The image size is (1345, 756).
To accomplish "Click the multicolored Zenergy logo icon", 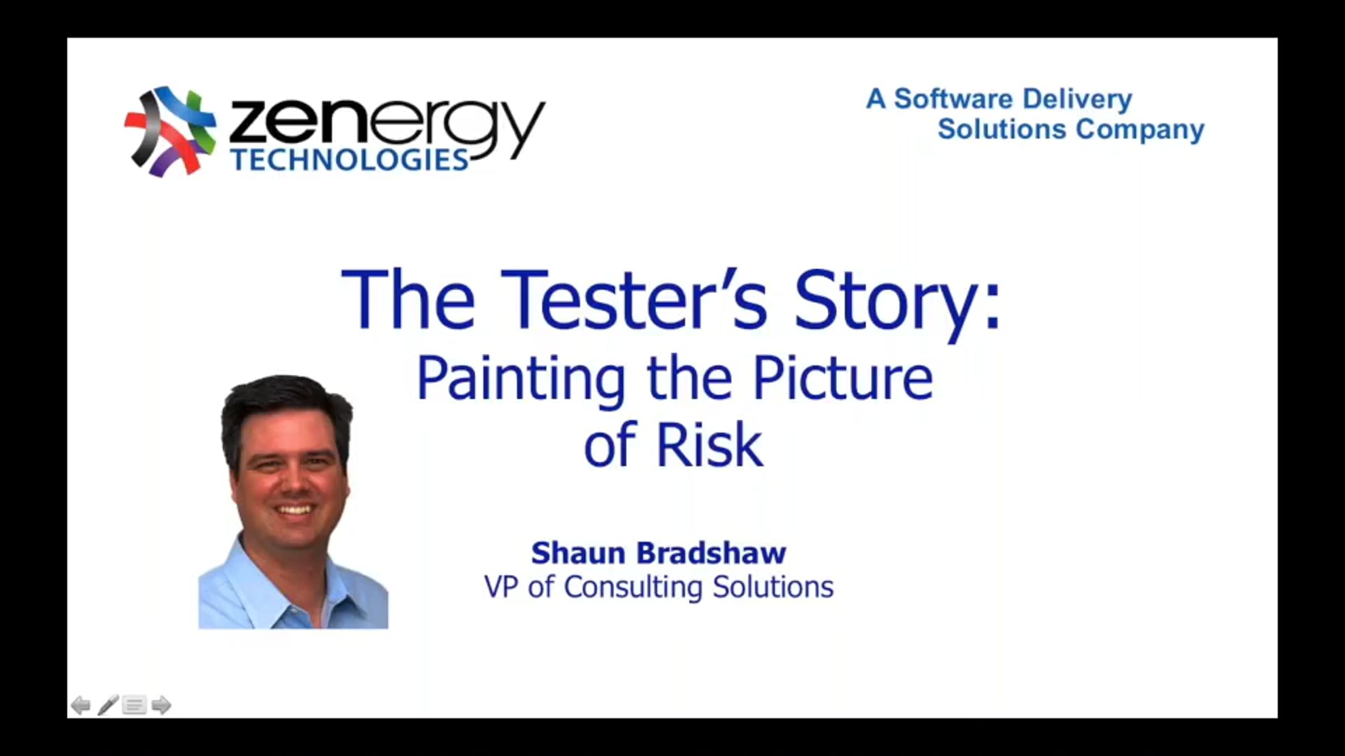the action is point(170,132).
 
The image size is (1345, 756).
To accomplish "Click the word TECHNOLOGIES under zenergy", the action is point(350,160).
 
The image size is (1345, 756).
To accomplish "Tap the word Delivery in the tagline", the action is point(1077,100).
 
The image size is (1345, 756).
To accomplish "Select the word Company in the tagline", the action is point(1140,130).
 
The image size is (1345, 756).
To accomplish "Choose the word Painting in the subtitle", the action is point(521,380).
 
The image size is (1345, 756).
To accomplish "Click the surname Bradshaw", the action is point(712,553).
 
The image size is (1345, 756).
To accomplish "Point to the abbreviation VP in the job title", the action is point(501,587).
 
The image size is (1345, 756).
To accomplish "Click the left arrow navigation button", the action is point(81,705).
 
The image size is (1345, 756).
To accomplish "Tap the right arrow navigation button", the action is point(161,705).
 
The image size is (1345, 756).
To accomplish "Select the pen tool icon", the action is point(108,704).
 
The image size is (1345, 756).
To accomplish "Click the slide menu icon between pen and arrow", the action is point(134,705).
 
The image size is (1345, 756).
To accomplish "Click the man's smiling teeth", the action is point(295,510).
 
